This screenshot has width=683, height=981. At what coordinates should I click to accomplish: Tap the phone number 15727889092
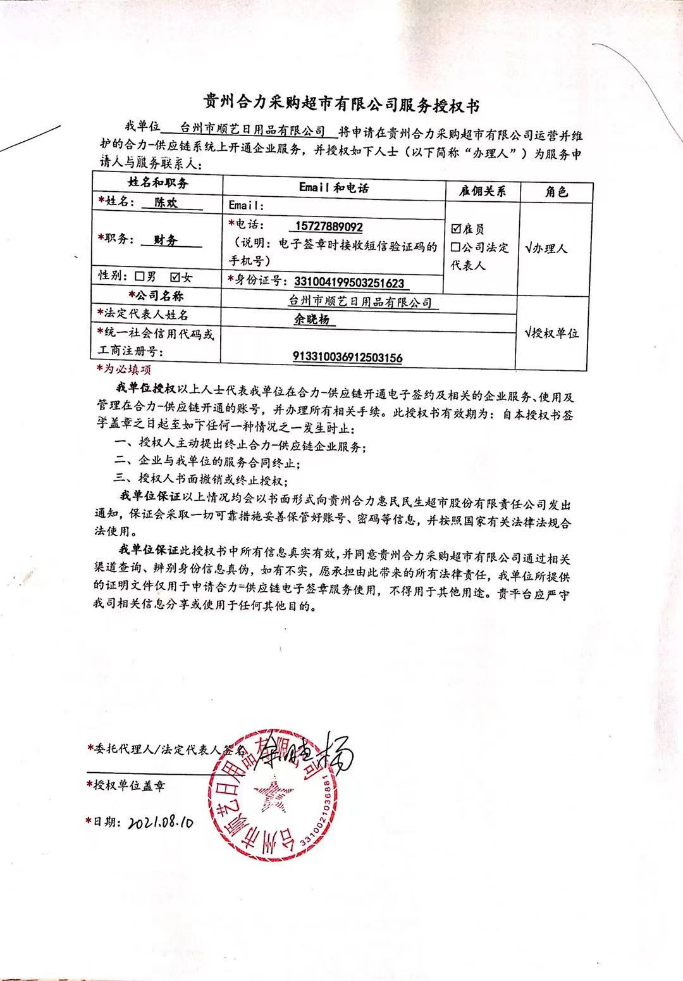coord(329,227)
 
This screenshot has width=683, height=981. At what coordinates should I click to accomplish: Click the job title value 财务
coord(166,240)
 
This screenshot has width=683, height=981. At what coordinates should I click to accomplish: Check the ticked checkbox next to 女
coord(175,277)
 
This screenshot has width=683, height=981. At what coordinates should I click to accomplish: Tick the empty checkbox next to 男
coord(139,277)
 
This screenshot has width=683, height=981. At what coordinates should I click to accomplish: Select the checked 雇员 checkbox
coord(456,229)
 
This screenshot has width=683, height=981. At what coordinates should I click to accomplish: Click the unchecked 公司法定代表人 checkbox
coord(455,247)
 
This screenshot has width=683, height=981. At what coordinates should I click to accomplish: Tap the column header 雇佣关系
coord(483,191)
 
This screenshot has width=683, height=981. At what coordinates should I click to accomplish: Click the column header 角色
coord(557,191)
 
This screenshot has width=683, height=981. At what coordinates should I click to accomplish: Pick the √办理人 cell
coord(547,248)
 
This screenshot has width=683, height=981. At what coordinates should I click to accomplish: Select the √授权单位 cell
coord(552,333)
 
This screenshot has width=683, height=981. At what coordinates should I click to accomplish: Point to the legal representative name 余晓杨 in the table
coord(315,320)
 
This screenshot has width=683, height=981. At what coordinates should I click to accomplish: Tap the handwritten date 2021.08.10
coord(159,823)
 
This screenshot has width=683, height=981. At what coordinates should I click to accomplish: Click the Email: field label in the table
coord(246,206)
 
